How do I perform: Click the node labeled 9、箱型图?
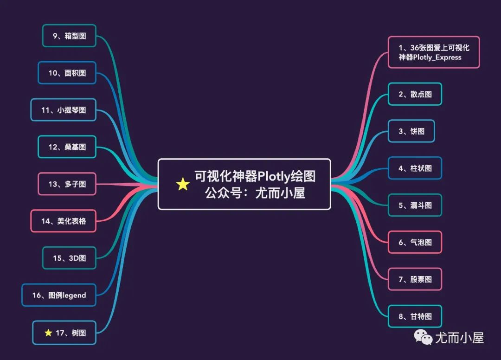tap(69, 36)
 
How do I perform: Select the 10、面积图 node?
tap(67, 73)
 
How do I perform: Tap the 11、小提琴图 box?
tap(64, 110)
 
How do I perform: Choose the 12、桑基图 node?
tap(67, 147)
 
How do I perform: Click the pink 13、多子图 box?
tap(67, 184)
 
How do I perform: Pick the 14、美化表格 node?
tap(64, 221)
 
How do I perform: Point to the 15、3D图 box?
tap(69, 258)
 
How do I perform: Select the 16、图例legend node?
tap(59, 295)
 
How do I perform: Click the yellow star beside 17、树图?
tap(48, 333)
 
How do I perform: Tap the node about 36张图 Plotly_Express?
tap(434, 52)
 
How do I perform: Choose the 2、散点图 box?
tap(415, 94)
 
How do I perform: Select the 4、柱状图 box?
tap(415, 168)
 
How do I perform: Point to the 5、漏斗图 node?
tap(415, 205)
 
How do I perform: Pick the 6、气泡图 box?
tap(415, 242)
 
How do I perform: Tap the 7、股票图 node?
tap(415, 279)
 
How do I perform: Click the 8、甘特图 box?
tap(415, 316)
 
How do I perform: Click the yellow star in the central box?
tap(183, 185)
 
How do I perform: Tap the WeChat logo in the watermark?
tap(424, 337)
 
